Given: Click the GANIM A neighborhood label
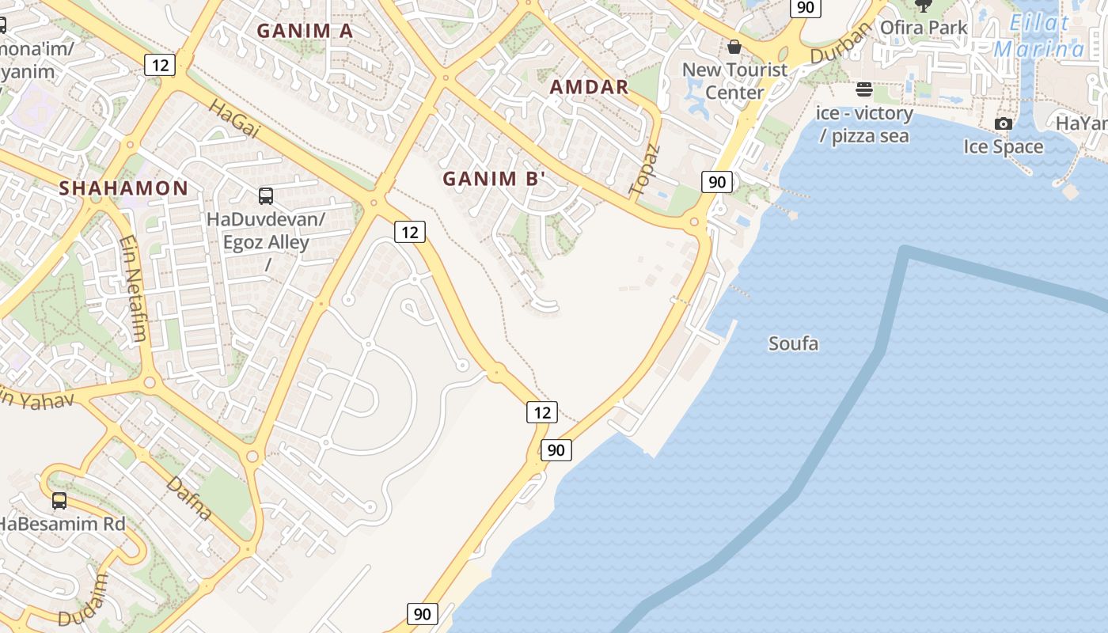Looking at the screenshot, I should [x=305, y=31].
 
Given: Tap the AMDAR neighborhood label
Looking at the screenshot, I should [x=589, y=87].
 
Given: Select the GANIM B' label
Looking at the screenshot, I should [x=495, y=179].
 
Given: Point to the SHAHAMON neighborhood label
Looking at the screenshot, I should [x=123, y=188].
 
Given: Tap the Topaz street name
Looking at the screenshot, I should [x=643, y=169].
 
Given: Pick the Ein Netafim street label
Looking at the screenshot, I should [x=133, y=288].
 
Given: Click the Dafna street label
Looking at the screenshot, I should [x=189, y=497].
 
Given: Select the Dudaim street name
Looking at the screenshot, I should [x=93, y=599].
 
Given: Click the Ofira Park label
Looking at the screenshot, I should [x=924, y=28].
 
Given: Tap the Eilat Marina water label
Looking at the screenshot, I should [x=1039, y=36].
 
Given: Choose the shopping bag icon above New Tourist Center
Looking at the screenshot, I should [x=734, y=47].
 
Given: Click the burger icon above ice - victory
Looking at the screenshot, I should [x=864, y=89].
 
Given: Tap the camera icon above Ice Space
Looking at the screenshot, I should [x=1003, y=123].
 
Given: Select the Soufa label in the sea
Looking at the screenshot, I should [x=793, y=343].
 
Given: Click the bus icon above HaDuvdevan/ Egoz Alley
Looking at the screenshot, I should [x=266, y=196].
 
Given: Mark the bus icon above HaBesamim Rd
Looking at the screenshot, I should [x=59, y=501].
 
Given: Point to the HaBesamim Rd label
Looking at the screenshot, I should [x=62, y=524].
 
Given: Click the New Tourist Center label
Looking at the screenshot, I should [x=734, y=81].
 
